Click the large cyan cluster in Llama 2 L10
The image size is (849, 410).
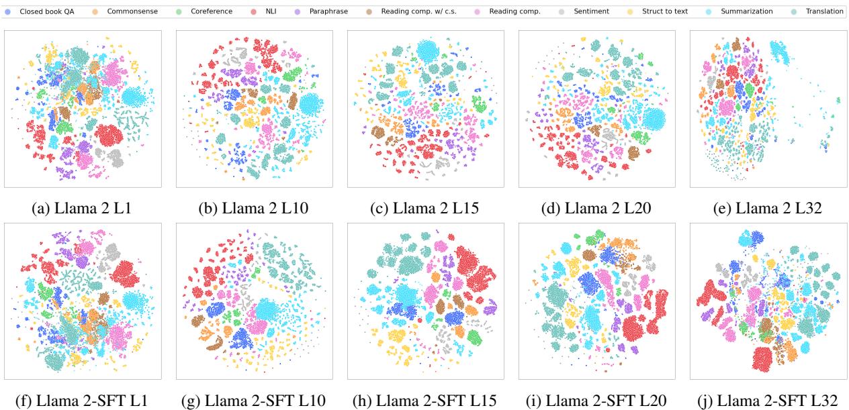click(310, 105)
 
